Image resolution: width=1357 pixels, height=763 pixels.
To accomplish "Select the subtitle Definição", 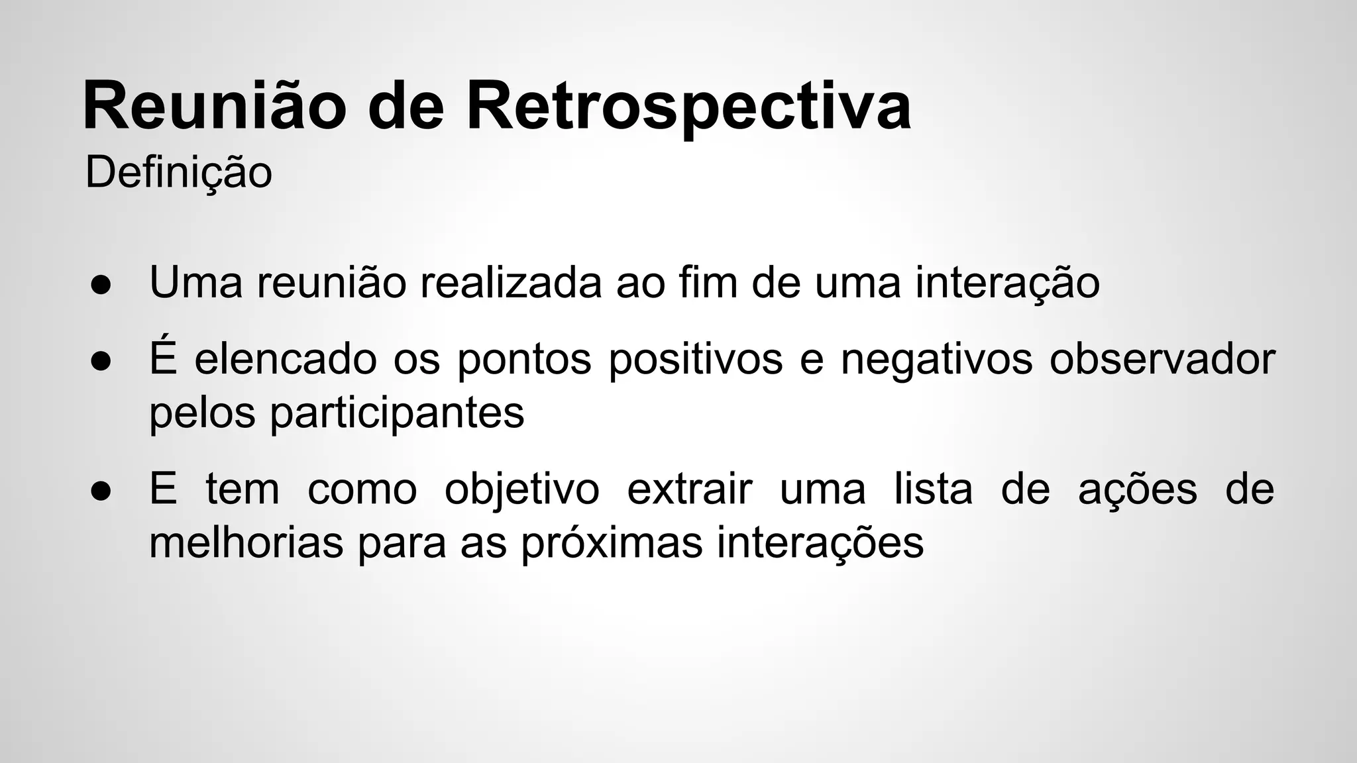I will click(x=178, y=172).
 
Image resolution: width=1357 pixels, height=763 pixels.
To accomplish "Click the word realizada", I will click(x=511, y=282).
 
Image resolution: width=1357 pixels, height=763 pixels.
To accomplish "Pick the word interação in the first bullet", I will click(x=1007, y=282).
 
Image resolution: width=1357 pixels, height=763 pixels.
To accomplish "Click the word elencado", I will click(x=286, y=359).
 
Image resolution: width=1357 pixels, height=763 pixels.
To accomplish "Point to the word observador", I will click(x=1162, y=359).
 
